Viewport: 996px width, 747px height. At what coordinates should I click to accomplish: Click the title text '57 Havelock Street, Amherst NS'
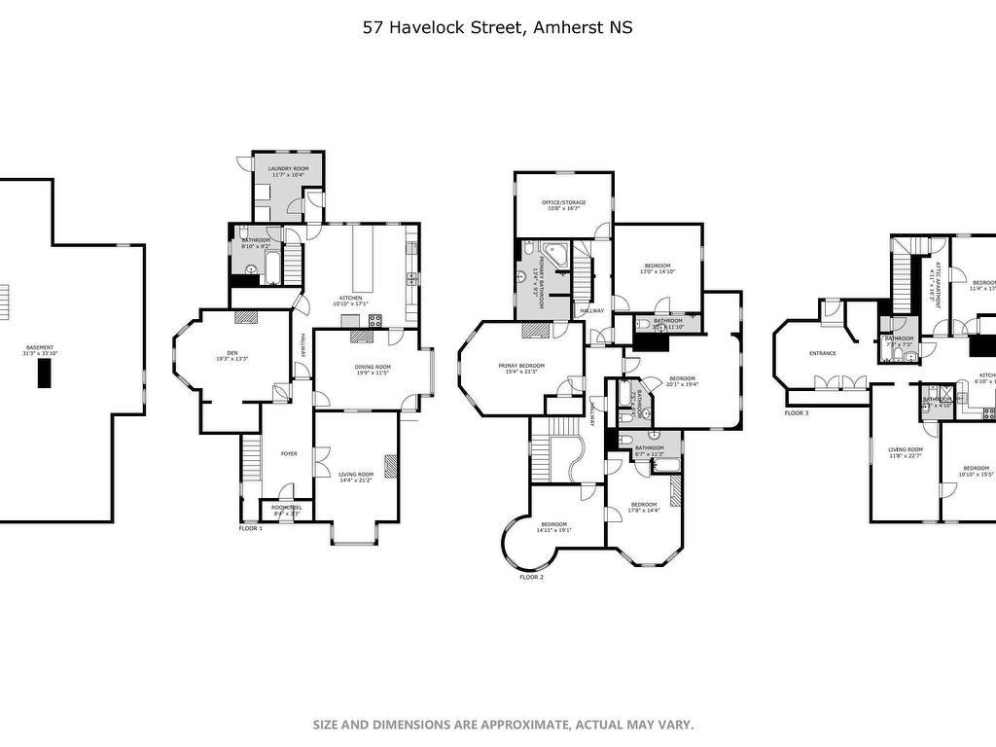(497, 27)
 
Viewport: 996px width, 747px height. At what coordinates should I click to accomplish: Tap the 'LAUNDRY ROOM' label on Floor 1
(287, 169)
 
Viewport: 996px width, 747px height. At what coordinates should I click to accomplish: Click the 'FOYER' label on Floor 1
(289, 454)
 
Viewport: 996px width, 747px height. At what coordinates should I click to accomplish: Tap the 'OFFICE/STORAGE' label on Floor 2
(563, 202)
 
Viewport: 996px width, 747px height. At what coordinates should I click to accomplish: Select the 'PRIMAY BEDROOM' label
(521, 366)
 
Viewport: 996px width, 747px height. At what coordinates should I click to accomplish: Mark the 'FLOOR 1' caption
(251, 528)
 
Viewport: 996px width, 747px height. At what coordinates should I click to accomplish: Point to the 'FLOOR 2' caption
(531, 577)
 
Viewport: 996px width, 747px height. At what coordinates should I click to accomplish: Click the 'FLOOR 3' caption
(797, 413)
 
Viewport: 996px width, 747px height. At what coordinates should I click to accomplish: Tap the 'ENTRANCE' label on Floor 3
(823, 353)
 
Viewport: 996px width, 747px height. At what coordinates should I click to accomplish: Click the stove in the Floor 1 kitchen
(374, 318)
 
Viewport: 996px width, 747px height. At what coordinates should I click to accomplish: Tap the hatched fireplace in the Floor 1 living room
(391, 467)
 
